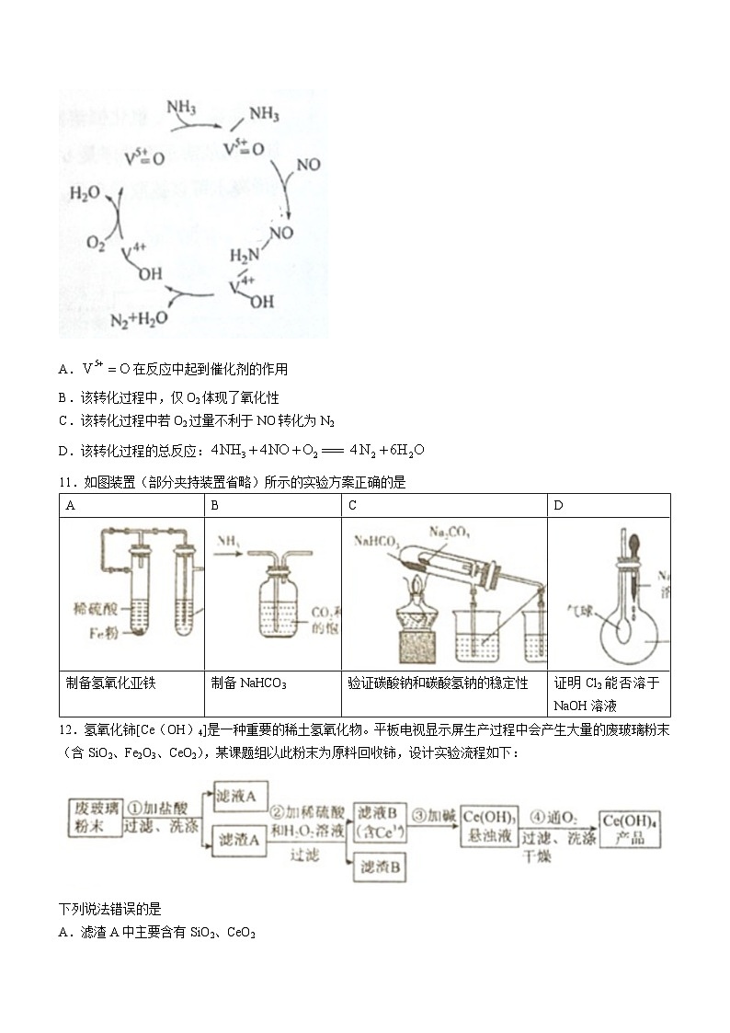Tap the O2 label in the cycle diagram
click(97, 243)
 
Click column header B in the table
click(214, 505)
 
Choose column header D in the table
click(558, 505)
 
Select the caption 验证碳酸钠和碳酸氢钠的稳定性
click(438, 683)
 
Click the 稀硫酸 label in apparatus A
click(95, 608)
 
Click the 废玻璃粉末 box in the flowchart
click(94, 816)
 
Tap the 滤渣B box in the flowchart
click(380, 867)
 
